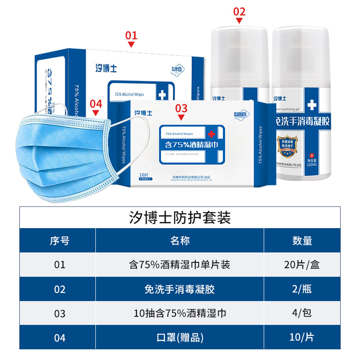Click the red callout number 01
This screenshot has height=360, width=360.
(131, 35)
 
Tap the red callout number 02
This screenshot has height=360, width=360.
(239, 11)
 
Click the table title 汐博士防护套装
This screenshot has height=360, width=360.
(180, 218)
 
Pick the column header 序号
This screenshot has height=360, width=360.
(59, 241)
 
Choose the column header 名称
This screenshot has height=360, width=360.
(180, 241)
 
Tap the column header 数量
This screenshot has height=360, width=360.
(302, 241)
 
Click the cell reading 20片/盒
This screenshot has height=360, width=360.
(302, 265)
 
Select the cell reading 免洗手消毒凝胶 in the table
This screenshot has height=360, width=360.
(180, 289)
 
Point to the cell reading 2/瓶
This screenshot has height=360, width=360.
(302, 289)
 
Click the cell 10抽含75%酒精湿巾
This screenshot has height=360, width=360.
(180, 313)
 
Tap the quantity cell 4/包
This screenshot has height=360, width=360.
(302, 313)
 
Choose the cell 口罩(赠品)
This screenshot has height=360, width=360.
(180, 337)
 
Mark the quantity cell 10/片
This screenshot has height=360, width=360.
(302, 337)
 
